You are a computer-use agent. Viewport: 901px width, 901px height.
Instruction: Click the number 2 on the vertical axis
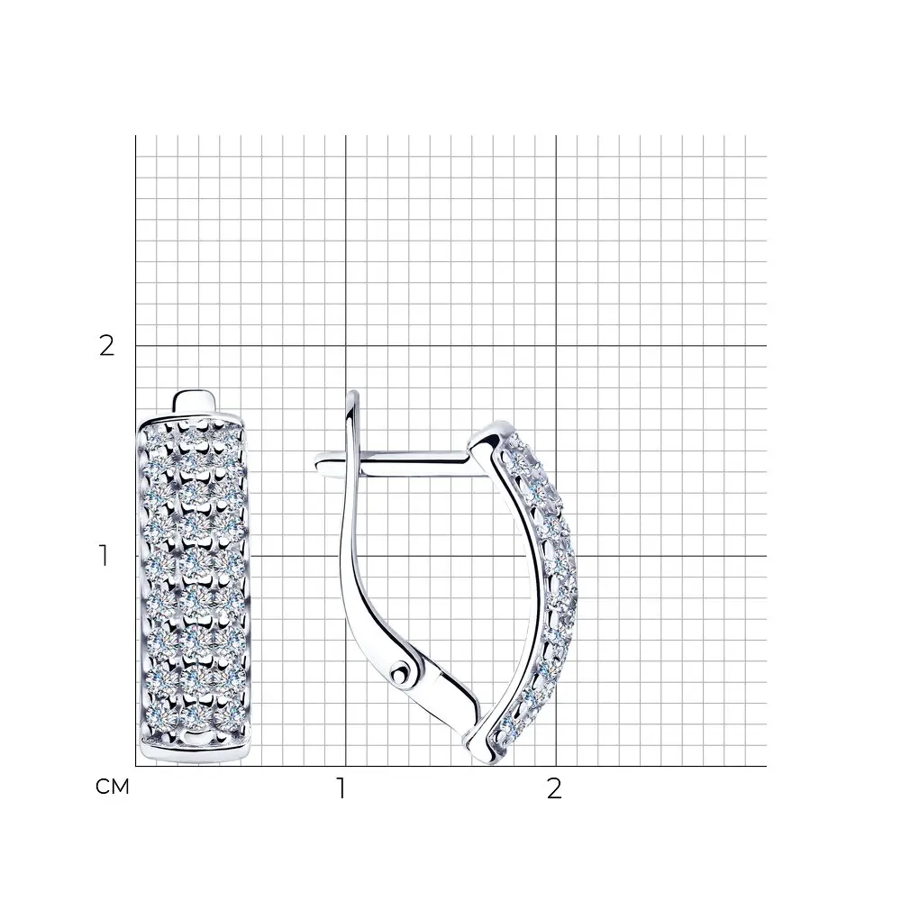click(x=107, y=346)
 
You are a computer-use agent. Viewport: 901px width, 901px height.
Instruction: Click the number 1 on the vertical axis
click(x=104, y=556)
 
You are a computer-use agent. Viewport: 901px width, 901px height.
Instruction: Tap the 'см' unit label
click(x=113, y=787)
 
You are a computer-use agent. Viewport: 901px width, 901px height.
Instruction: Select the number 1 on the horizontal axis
click(x=341, y=788)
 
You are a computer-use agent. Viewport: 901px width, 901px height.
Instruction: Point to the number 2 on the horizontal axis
click(x=554, y=788)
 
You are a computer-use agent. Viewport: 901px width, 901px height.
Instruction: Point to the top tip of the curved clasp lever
click(x=354, y=393)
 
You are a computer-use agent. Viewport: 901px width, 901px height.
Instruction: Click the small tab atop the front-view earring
click(x=196, y=401)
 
